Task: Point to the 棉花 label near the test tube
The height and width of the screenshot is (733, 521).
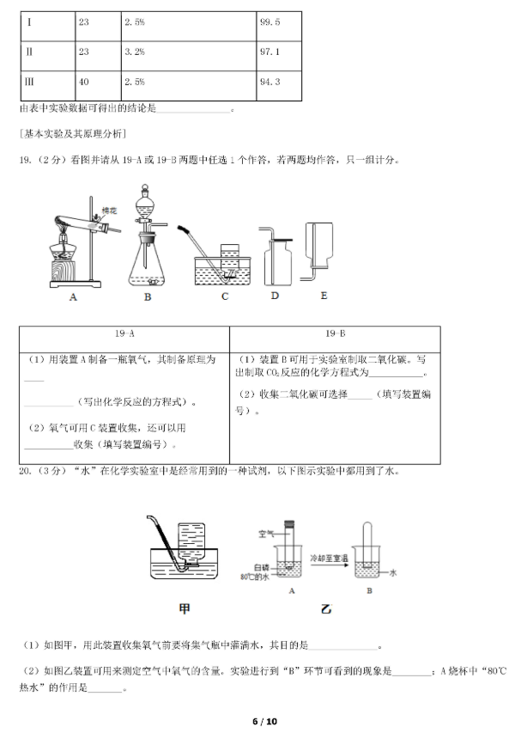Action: pyautogui.click(x=108, y=210)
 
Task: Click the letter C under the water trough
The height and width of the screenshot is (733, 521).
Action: pyautogui.click(x=225, y=297)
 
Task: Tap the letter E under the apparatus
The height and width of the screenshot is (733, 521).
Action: pyautogui.click(x=324, y=296)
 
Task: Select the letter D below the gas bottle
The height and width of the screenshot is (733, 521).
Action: pyautogui.click(x=275, y=296)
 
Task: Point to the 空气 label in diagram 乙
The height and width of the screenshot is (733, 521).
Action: pyautogui.click(x=266, y=534)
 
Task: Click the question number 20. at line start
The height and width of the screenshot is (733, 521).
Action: pyautogui.click(x=24, y=471)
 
